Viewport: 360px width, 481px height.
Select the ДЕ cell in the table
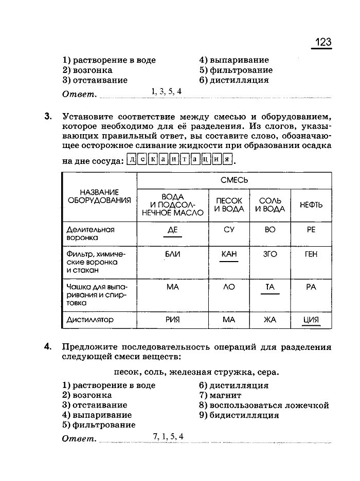pos(173,230)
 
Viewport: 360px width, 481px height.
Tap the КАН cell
pos(229,254)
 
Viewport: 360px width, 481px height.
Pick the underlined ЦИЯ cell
pos(311,320)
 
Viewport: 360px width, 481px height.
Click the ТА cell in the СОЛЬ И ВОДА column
pos(270,287)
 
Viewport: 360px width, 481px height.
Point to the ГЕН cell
pos(311,254)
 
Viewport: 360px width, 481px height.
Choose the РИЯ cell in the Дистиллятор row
pos(173,320)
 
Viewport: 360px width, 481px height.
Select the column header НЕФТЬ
pos(311,205)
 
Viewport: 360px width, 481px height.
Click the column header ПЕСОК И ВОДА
pos(229,205)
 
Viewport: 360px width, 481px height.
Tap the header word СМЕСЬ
pos(234,180)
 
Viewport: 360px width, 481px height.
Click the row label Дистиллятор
pos(90,320)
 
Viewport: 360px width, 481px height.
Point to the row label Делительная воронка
pos(90,234)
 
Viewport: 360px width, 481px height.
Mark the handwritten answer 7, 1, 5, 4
pos(168,437)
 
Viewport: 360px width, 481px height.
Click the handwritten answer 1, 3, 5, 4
pos(166,91)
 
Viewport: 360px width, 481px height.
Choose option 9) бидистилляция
pos(239,415)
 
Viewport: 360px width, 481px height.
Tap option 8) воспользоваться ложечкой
pos(264,405)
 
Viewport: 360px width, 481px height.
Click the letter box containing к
pos(153,159)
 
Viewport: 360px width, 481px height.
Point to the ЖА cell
pos(270,320)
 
